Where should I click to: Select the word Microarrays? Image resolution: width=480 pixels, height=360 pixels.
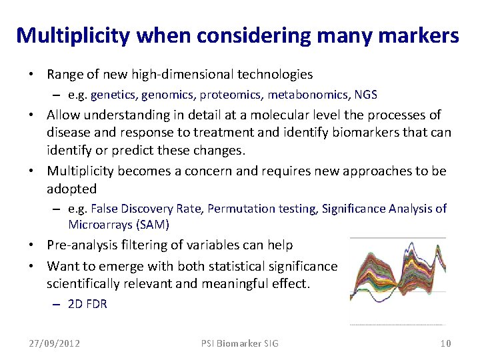[99, 225]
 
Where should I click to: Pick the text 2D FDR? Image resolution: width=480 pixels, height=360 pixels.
[87, 304]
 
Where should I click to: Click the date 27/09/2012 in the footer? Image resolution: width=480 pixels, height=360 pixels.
[54, 343]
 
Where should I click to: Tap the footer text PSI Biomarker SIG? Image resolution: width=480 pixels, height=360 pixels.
[240, 343]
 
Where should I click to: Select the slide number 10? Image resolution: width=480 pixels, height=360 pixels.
[445, 343]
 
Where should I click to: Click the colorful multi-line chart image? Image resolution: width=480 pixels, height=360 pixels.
[397, 281]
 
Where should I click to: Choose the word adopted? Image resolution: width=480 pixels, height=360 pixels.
[71, 189]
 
